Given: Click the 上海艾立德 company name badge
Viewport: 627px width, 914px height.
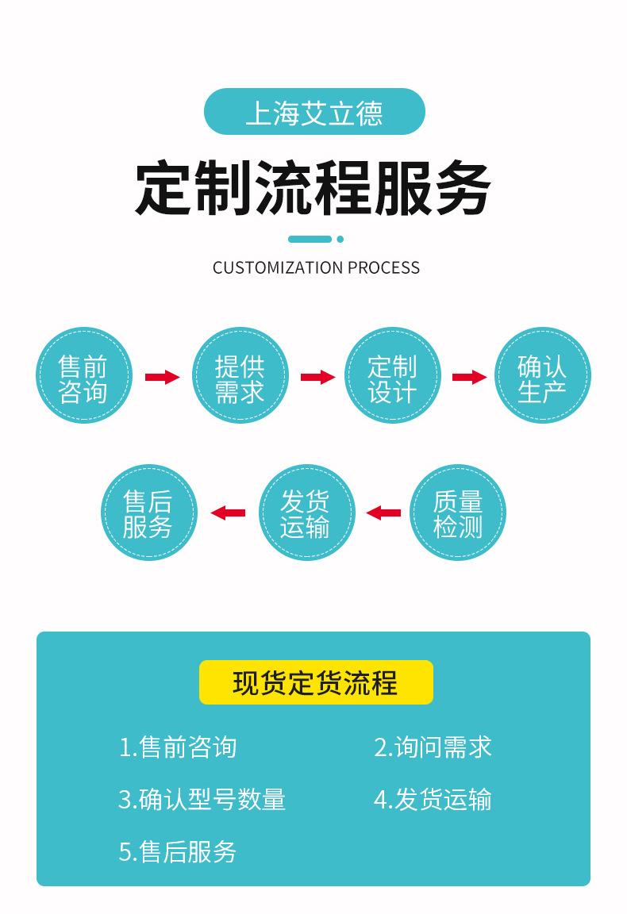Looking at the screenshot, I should pyautogui.click(x=314, y=112).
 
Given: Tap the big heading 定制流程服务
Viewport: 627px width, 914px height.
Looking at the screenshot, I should pyautogui.click(x=313, y=189).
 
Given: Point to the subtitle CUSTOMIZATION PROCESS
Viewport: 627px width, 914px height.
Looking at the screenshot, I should pyautogui.click(x=316, y=268).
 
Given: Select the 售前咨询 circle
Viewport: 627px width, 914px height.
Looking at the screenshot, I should pyautogui.click(x=83, y=376).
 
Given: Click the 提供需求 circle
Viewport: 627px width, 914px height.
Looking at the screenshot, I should pyautogui.click(x=240, y=376).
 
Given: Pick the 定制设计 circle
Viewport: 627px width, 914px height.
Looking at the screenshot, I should pyautogui.click(x=392, y=376).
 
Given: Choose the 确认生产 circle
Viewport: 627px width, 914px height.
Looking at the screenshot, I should pyautogui.click(x=543, y=376).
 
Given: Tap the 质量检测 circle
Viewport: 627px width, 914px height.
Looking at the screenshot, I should pyautogui.click(x=458, y=513).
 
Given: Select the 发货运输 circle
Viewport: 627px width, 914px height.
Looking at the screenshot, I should pyautogui.click(x=306, y=513).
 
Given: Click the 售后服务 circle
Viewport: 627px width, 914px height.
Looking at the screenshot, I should pyautogui.click(x=148, y=513).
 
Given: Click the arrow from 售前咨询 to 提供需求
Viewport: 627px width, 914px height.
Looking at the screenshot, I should pyautogui.click(x=162, y=377).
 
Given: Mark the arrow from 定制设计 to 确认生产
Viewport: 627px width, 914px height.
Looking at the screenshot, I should pyautogui.click(x=469, y=377).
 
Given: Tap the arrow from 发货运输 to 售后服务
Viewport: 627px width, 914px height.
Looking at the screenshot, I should pyautogui.click(x=229, y=513).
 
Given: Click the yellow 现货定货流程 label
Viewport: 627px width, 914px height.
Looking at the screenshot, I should pyautogui.click(x=316, y=682).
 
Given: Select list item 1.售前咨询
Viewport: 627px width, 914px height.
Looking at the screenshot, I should pyautogui.click(x=178, y=747).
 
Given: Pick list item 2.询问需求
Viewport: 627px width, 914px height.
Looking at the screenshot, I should pyautogui.click(x=433, y=747).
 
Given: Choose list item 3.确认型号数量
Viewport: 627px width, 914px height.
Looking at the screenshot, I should pyautogui.click(x=202, y=799).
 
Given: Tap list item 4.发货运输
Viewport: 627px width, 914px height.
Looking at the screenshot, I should pyautogui.click(x=433, y=799).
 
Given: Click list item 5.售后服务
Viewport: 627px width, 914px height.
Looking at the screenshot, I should pyautogui.click(x=178, y=851).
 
